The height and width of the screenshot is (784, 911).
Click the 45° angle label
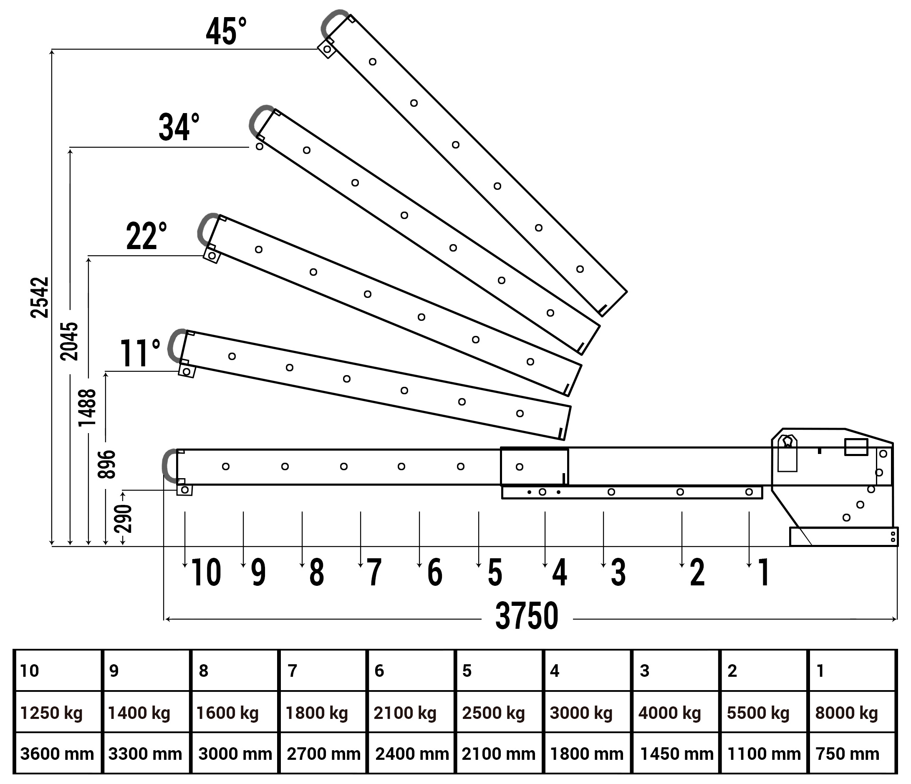pyautogui.click(x=226, y=32)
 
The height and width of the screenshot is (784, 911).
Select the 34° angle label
pyautogui.click(x=179, y=127)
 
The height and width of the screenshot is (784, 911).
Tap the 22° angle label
pyautogui.click(x=146, y=236)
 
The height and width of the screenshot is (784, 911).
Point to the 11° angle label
pyautogui.click(x=139, y=353)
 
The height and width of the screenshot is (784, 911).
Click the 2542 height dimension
pyautogui.click(x=40, y=297)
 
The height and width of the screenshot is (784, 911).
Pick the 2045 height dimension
pyautogui.click(x=69, y=342)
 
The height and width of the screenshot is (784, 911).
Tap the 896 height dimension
pyautogui.click(x=106, y=464)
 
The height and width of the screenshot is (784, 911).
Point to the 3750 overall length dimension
pyautogui.click(x=527, y=616)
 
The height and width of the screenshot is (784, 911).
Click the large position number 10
pyautogui.click(x=206, y=572)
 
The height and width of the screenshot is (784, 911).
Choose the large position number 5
pyautogui.click(x=495, y=572)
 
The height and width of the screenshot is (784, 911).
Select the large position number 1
pyautogui.click(x=764, y=572)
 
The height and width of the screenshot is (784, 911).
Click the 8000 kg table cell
pyautogui.click(x=846, y=713)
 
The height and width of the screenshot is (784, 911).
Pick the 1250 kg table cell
pyautogui.click(x=51, y=713)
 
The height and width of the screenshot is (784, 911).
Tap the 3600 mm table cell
pyautogui.click(x=57, y=754)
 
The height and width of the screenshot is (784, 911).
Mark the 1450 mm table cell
pyautogui.click(x=676, y=754)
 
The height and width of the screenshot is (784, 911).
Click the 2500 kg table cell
pyautogui.click(x=493, y=713)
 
